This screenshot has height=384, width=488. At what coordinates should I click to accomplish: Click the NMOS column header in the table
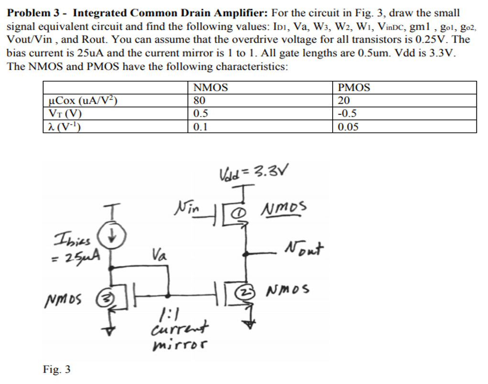tap(210, 88)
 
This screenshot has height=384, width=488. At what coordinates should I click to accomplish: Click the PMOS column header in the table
tap(354, 88)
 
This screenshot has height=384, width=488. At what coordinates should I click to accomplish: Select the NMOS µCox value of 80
tap(198, 100)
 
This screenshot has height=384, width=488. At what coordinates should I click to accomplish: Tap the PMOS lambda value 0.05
tap(348, 127)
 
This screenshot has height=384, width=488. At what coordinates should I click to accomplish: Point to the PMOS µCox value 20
tap(344, 100)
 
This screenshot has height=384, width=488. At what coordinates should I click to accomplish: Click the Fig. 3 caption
tap(56, 369)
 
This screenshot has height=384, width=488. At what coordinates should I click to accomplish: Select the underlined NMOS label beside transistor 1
tap(284, 208)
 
